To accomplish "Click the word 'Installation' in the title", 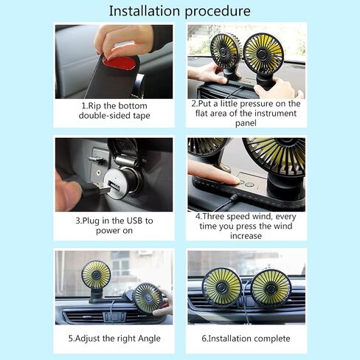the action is (x=145, y=11).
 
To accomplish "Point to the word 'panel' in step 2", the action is (x=246, y=123).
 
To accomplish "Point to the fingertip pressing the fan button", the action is (x=234, y=181).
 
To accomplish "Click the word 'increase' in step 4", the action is (x=246, y=236).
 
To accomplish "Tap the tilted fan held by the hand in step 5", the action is (x=148, y=298).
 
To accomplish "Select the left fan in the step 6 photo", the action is (x=222, y=287).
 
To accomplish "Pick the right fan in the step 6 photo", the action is (x=271, y=288).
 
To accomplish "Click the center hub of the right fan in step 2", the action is (x=264, y=55).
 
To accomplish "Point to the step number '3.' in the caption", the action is (x=79, y=221).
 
